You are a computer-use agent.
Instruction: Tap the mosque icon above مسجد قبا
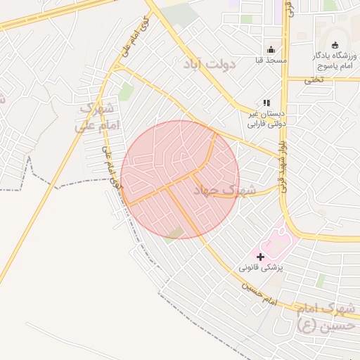pos(271,49)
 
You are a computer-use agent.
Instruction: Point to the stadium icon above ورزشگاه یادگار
pos(334,45)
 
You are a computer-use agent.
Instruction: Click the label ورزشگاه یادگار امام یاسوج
pos(333,60)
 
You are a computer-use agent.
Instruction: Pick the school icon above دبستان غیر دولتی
pos(266,103)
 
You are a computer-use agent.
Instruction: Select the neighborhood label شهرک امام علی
pos(98,117)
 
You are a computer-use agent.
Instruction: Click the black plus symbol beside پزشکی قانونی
pos(260,257)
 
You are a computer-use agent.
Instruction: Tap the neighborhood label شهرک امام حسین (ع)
pos(326,316)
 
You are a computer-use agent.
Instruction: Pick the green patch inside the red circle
pos(175,233)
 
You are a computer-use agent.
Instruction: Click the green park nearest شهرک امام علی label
pos(126,91)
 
